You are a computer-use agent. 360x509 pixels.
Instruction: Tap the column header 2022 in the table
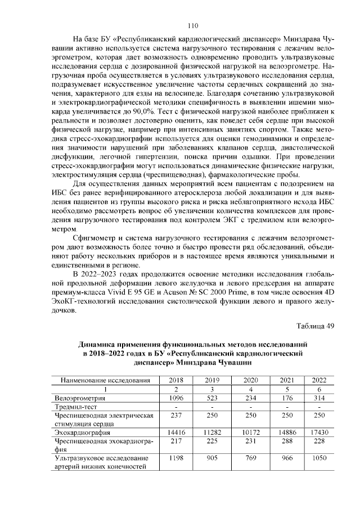(319, 380)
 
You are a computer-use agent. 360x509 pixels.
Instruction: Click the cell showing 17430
(319, 433)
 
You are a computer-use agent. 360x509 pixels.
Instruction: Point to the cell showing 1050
(319, 459)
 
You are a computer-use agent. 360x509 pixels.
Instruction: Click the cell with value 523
(212, 398)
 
